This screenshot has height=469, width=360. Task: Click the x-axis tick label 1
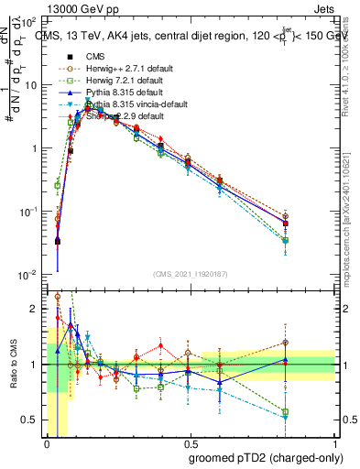334,443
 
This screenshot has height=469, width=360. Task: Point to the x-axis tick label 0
47,443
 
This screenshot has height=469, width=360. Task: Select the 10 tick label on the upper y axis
32,84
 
